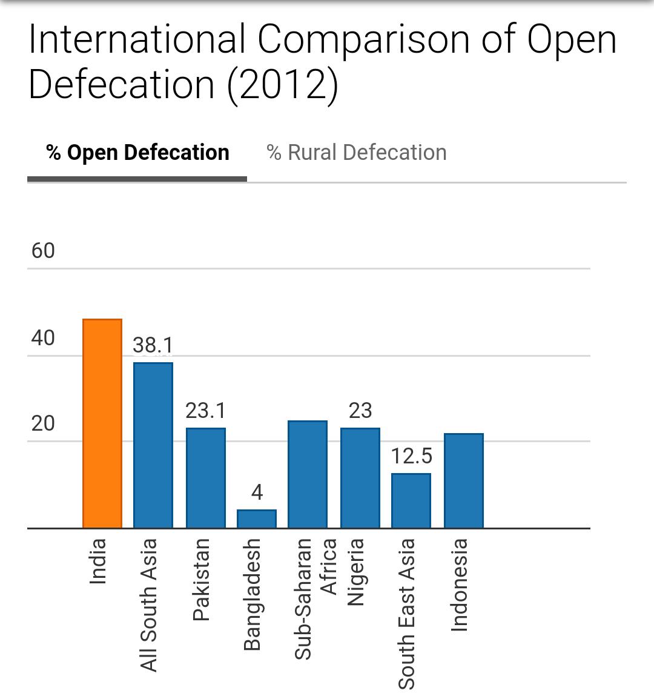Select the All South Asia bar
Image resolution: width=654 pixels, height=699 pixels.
tap(153, 445)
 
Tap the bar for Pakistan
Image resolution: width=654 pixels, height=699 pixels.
tap(205, 478)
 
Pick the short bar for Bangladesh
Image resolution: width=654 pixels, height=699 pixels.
tap(257, 518)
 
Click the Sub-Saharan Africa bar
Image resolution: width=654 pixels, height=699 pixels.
tap(308, 474)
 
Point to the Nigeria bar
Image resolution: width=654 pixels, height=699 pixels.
tap(360, 478)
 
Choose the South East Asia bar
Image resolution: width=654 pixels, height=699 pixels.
tap(411, 500)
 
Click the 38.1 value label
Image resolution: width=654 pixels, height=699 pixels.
tap(153, 345)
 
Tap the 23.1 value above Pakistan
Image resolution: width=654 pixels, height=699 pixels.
tap(205, 411)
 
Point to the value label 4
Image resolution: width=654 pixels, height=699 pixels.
tap(257, 492)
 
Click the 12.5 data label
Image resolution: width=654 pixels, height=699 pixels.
tap(411, 456)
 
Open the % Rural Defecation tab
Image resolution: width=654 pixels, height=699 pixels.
tap(357, 153)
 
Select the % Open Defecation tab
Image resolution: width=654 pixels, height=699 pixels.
tap(137, 153)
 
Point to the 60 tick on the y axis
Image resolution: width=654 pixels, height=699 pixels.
tap(43, 251)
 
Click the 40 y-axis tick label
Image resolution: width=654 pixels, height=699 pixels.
tap(43, 338)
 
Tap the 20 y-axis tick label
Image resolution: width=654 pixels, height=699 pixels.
tap(43, 423)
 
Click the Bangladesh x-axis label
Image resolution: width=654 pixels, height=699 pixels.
tap(252, 594)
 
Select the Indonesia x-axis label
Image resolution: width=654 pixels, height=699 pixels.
tap(460, 585)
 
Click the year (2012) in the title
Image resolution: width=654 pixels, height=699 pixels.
tap(282, 84)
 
